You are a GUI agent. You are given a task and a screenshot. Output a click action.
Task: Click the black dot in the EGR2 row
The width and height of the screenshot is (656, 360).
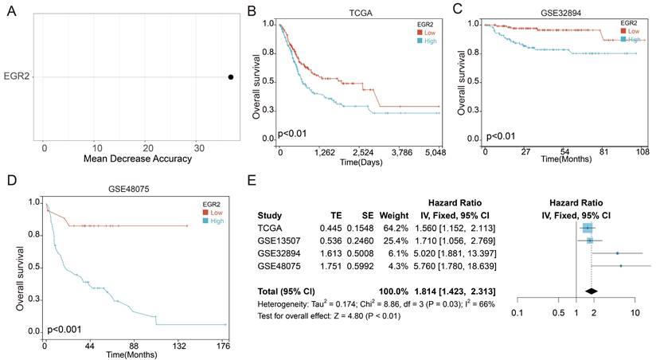point(231,77)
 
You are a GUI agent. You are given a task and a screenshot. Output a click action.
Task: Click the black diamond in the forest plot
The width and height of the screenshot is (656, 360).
point(591,291)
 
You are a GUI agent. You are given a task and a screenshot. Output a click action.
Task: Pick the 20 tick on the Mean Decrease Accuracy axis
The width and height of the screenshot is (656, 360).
point(148,148)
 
